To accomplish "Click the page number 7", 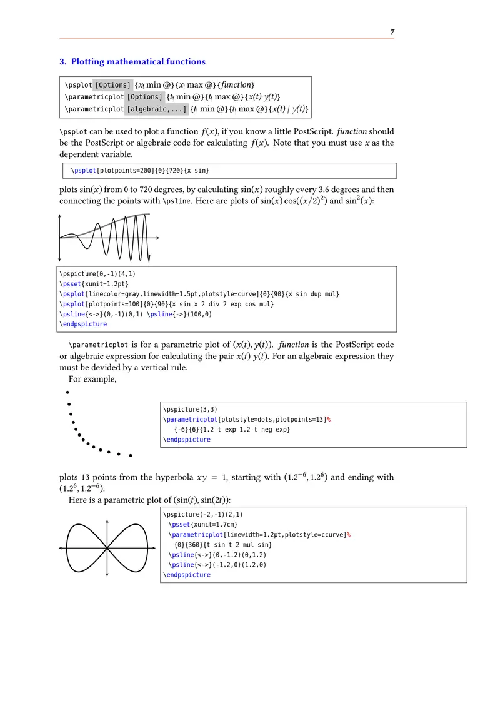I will coord(392,32).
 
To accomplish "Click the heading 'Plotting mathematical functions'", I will coord(138,62).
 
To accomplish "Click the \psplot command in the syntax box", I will coord(78,84).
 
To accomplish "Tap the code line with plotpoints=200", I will coord(141,170).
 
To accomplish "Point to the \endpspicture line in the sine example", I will coord(83,324).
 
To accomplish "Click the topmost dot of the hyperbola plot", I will coord(67,392).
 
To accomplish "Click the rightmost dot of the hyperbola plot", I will coord(131,455).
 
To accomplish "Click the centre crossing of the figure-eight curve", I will coord(108,547).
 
